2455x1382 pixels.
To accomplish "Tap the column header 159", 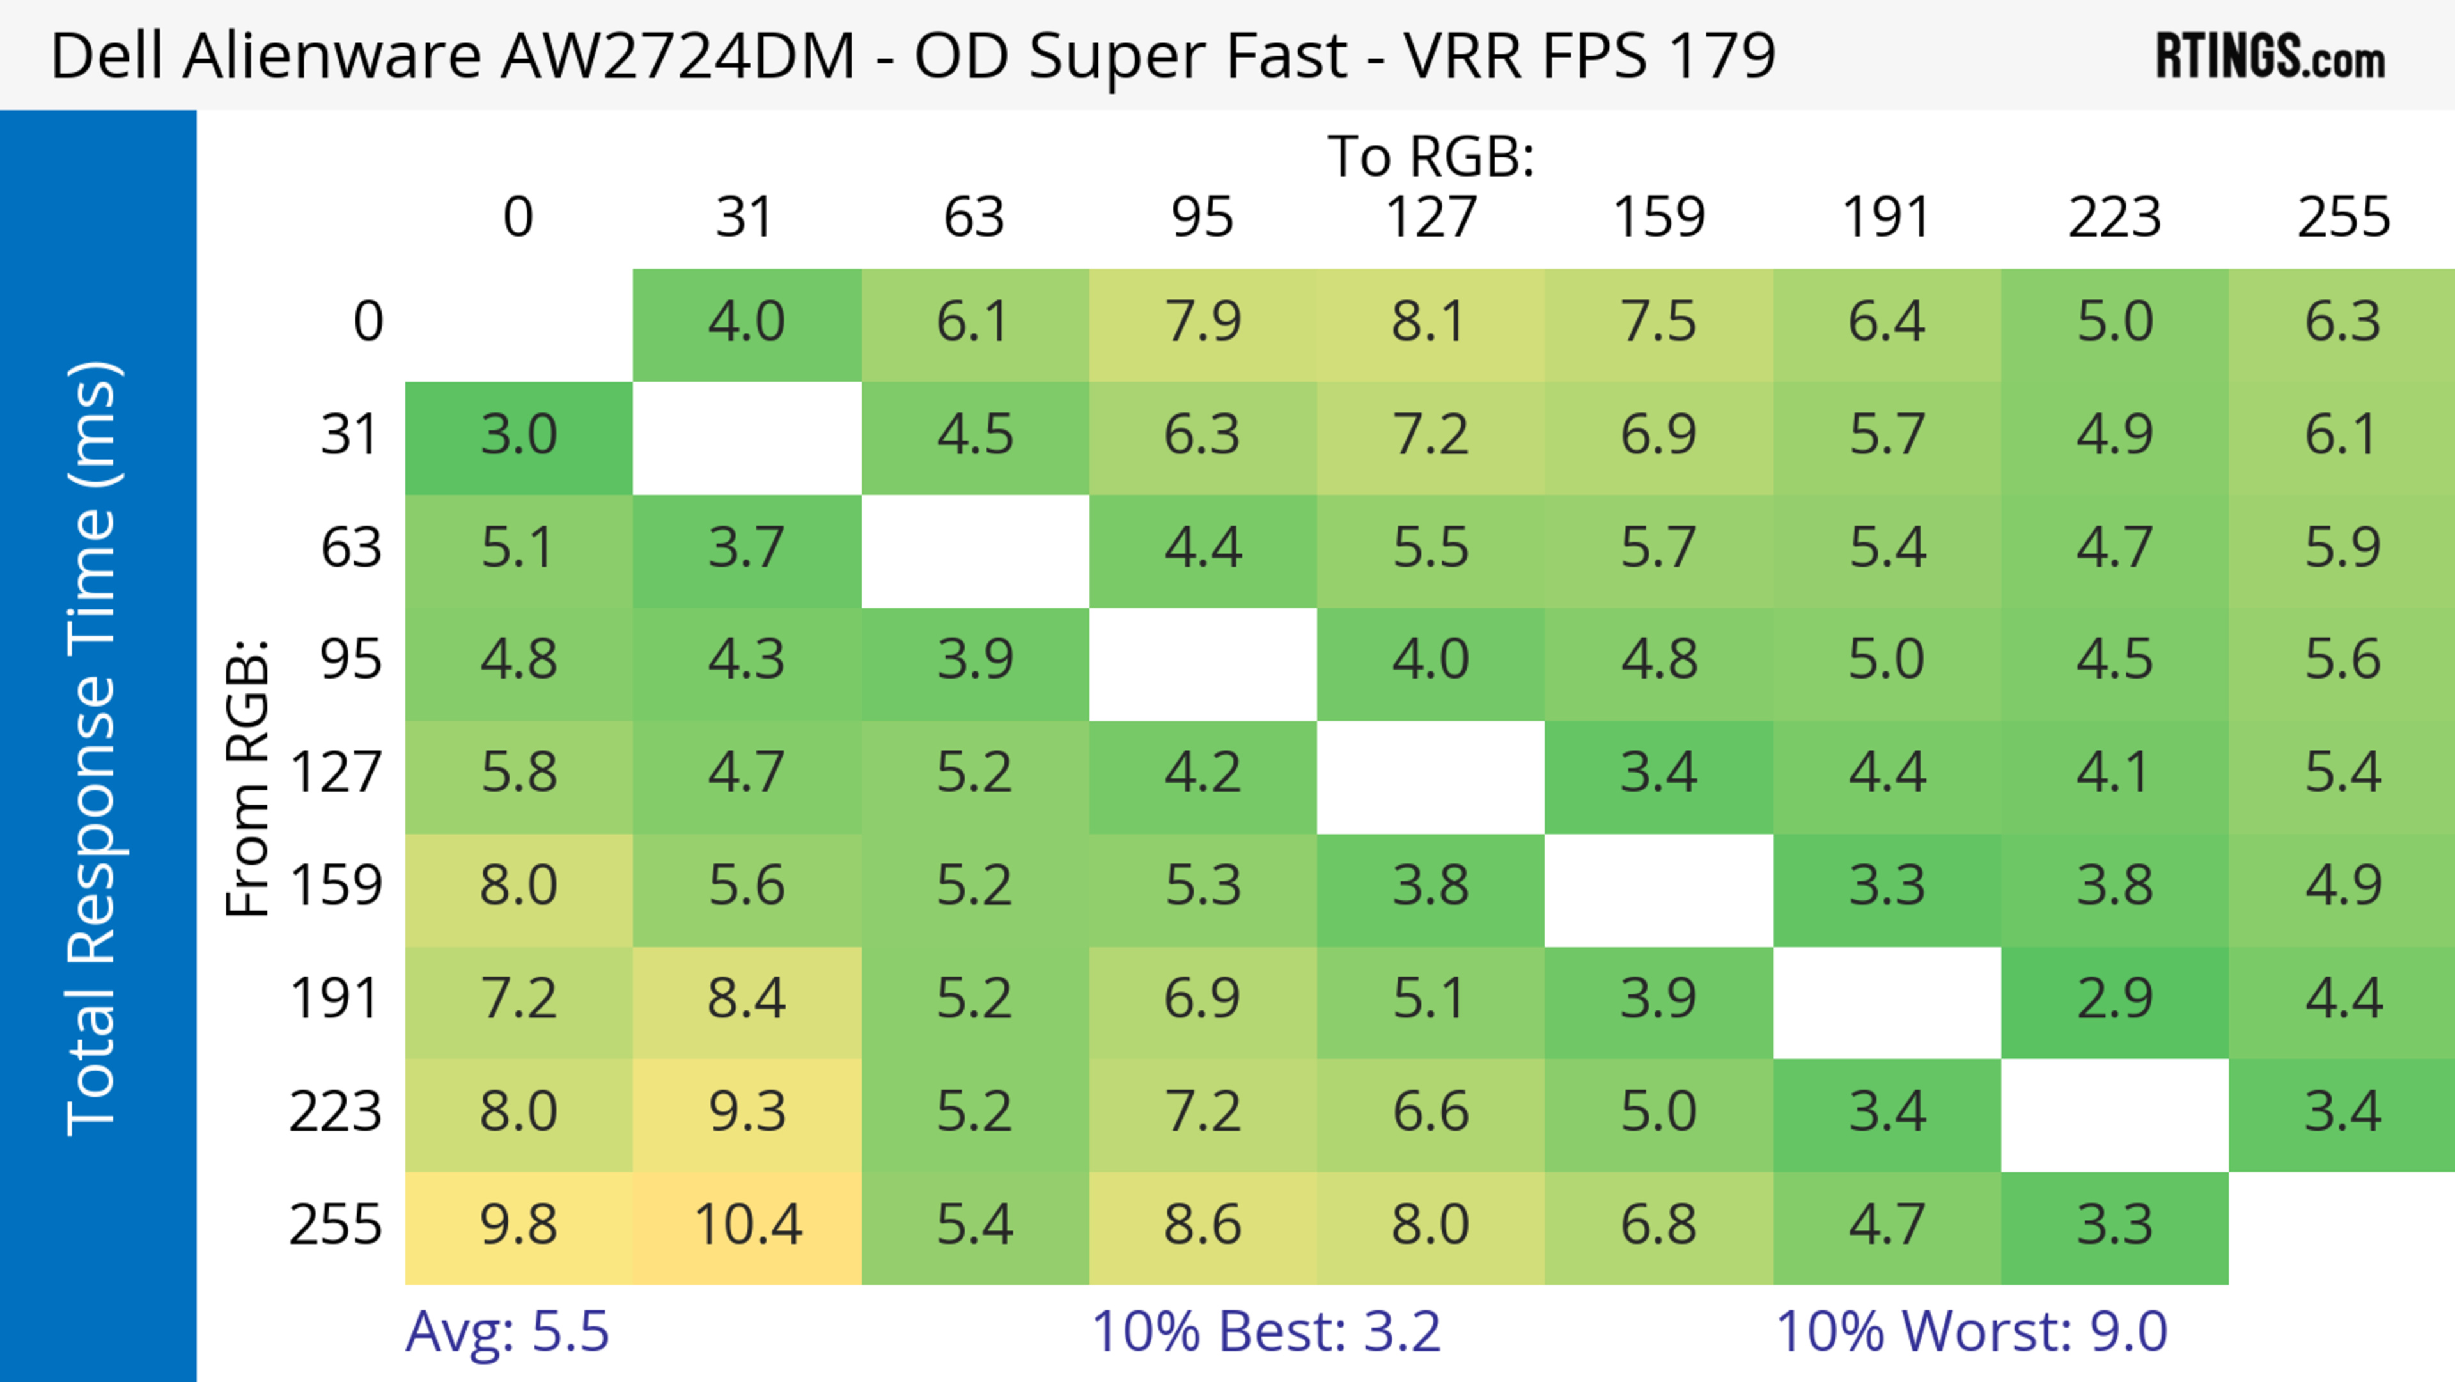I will click(x=1658, y=217).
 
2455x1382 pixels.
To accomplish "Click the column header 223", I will click(x=2115, y=217).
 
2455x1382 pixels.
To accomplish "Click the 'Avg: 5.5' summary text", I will click(x=507, y=1331).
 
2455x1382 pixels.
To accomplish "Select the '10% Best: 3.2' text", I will click(x=1266, y=1331).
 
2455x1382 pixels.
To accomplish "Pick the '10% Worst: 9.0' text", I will click(x=1971, y=1331).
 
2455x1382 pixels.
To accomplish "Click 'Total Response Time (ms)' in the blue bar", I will click(x=93, y=748).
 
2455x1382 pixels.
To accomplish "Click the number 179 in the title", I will click(x=1721, y=56).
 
